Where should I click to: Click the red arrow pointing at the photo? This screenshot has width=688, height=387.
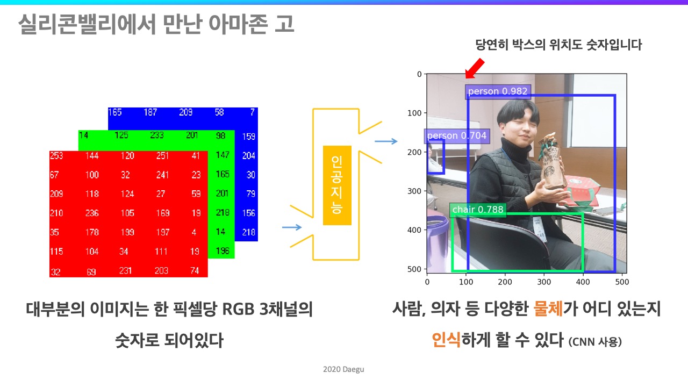click(475, 68)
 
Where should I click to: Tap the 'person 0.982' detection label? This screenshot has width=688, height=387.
click(498, 91)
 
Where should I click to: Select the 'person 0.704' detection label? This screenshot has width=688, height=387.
click(457, 136)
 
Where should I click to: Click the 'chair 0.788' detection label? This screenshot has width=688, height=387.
click(478, 210)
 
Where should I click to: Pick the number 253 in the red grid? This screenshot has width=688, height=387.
click(56, 156)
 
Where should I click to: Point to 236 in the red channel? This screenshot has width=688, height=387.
click(92, 213)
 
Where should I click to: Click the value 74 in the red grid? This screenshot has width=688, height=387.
click(195, 270)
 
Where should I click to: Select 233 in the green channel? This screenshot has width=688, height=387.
click(157, 135)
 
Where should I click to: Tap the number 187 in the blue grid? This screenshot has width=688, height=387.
click(150, 112)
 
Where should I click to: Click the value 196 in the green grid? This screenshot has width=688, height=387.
click(223, 251)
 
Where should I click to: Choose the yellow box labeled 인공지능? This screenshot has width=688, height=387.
click(337, 185)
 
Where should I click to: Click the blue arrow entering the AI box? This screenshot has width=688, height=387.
click(292, 227)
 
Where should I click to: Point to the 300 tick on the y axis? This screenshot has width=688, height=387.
click(414, 191)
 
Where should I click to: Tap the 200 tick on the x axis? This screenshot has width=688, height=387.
click(505, 282)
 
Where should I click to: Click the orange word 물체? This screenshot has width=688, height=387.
click(548, 309)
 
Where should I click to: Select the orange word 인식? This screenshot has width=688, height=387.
click(446, 340)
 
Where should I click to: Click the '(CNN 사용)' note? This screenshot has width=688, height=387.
click(595, 342)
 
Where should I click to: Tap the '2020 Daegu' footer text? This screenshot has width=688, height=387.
click(343, 369)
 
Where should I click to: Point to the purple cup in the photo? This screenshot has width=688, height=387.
click(437, 242)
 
